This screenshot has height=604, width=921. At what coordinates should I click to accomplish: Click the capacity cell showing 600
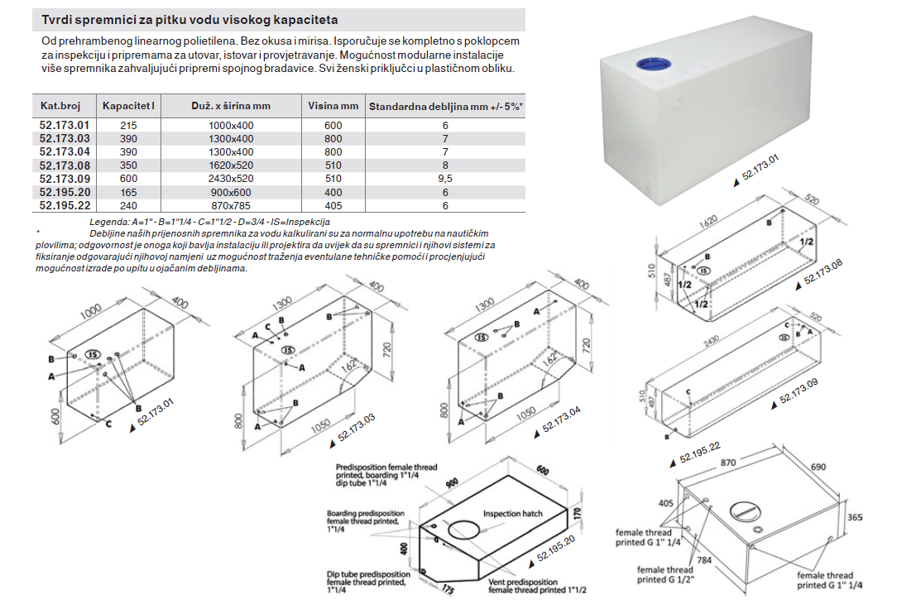(x=129, y=178)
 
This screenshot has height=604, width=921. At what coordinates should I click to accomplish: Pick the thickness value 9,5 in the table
(x=445, y=178)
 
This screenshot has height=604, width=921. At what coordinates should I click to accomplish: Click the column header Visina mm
(x=333, y=106)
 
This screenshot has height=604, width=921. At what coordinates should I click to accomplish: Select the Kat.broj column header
(x=60, y=106)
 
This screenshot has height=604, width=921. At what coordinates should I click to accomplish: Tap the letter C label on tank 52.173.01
(x=108, y=425)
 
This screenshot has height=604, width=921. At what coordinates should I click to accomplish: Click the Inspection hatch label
(x=513, y=513)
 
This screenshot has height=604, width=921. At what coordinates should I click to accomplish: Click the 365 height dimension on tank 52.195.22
(x=856, y=516)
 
